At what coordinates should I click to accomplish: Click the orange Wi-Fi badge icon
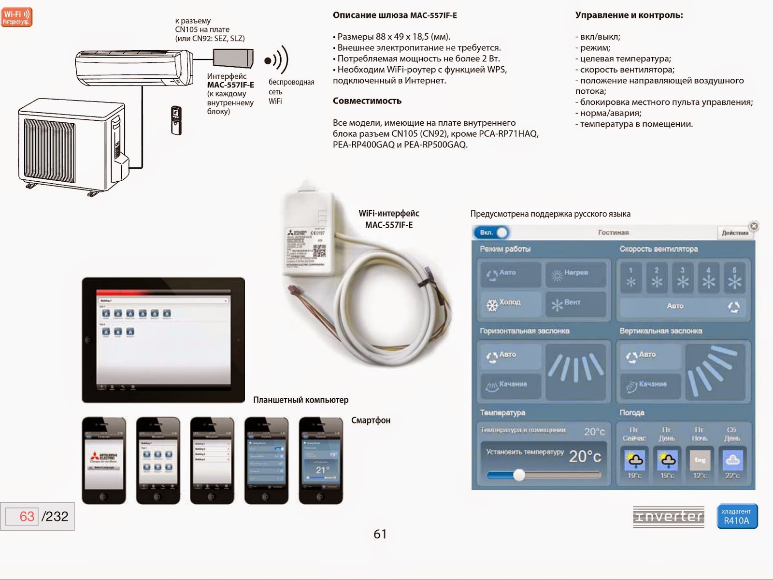[x=16, y=17]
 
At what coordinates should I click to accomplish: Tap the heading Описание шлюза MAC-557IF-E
[x=395, y=15]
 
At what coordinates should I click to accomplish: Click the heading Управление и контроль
[x=629, y=15]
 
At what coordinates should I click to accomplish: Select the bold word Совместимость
[x=367, y=101]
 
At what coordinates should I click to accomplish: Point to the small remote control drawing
[x=176, y=120]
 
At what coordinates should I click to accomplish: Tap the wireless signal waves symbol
[x=276, y=60]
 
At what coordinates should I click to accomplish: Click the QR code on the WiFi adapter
[x=319, y=250]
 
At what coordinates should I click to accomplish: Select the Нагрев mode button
[x=575, y=274]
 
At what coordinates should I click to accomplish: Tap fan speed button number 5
[x=734, y=278]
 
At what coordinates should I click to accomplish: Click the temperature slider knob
[x=519, y=475]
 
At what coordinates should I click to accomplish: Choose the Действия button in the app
[x=734, y=233]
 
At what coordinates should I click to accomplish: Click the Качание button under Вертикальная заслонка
[x=650, y=385]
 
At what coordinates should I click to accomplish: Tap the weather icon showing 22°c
[x=732, y=460]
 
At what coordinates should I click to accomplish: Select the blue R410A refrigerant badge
[x=737, y=517]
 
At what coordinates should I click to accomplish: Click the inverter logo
[x=668, y=517]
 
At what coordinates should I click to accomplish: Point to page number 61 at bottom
[x=380, y=534]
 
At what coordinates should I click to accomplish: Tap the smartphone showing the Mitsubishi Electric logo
[x=104, y=460]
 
